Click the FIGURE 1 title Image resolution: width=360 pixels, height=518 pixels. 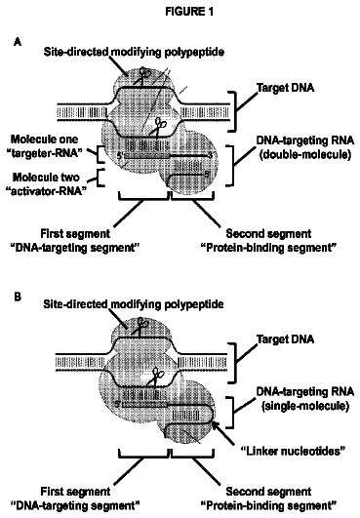[189, 12]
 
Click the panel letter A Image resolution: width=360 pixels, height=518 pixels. [18, 42]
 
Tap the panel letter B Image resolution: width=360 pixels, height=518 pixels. [18, 297]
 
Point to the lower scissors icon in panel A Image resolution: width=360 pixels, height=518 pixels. [159, 126]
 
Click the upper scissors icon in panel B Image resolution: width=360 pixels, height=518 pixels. [142, 325]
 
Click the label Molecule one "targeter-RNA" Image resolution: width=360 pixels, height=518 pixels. [45, 145]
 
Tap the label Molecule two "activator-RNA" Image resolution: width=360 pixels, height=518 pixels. [46, 184]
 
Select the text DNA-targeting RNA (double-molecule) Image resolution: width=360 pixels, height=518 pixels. [305, 147]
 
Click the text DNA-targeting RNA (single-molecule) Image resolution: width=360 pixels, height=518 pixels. [305, 398]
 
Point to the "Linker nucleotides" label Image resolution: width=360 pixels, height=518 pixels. [293, 451]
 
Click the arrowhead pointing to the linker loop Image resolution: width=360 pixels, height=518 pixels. [215, 423]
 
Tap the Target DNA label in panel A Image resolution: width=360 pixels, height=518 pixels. [285, 88]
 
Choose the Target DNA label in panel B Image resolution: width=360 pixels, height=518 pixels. [285, 339]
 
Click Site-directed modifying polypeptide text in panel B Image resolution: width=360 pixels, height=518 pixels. [134, 304]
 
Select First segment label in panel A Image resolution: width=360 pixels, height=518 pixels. [75, 233]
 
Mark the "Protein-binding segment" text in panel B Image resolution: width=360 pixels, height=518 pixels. [269, 505]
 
